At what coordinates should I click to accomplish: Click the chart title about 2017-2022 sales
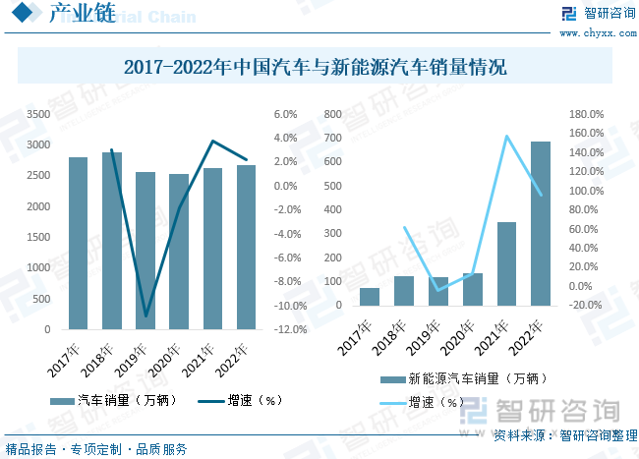316,69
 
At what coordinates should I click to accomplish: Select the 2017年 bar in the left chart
79,244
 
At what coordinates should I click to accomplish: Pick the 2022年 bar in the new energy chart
541,223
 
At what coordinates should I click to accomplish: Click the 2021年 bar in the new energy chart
506,263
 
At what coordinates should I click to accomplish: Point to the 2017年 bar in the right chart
341,296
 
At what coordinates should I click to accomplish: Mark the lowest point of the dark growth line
146,316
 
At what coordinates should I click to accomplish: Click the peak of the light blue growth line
507,136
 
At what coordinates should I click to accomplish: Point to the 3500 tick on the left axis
37,114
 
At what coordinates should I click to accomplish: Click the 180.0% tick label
588,114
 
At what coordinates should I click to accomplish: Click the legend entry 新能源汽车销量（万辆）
467,377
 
